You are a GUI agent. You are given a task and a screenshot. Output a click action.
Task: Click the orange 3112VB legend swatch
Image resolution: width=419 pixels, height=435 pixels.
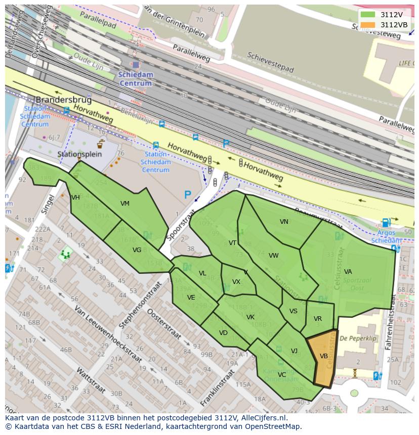[368, 25]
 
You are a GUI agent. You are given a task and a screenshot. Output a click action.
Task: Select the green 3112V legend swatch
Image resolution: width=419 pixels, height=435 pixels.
[368, 15]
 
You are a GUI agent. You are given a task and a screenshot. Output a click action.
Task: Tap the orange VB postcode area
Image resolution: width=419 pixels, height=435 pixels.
[324, 357]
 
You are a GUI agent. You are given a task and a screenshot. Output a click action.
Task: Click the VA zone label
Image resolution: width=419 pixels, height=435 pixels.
[348, 272]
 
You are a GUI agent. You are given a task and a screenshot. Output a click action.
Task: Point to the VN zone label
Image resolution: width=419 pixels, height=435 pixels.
[284, 222]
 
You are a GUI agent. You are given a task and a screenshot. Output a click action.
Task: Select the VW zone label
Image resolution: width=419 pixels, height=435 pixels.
[274, 256]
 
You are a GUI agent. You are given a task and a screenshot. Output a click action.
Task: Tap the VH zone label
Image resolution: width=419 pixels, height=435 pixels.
[76, 198]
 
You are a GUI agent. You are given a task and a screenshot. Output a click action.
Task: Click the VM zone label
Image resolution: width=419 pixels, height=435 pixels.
[125, 204]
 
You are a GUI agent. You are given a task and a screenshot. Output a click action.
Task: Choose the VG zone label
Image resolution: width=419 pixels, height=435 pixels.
[137, 250]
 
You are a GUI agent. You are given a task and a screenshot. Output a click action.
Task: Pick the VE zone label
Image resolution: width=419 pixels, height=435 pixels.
[191, 298]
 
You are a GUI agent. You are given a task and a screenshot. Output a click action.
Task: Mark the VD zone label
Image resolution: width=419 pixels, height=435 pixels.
[223, 333]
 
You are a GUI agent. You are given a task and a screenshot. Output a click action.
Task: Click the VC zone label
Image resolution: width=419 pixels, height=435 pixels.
[282, 374]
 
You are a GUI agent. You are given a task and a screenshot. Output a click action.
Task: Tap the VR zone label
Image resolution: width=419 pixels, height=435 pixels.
[318, 319]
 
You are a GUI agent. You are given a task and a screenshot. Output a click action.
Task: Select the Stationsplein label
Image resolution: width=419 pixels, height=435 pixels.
[79, 154]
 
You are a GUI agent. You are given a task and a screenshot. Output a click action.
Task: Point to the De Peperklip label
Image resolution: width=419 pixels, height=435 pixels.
[358, 339]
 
